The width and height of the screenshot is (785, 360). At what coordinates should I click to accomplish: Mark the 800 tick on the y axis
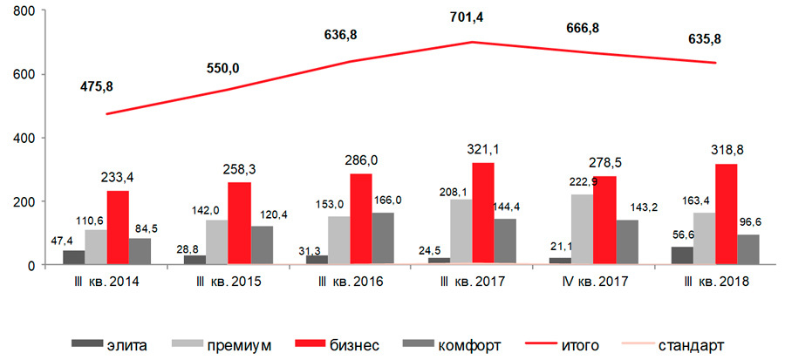(24, 11)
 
